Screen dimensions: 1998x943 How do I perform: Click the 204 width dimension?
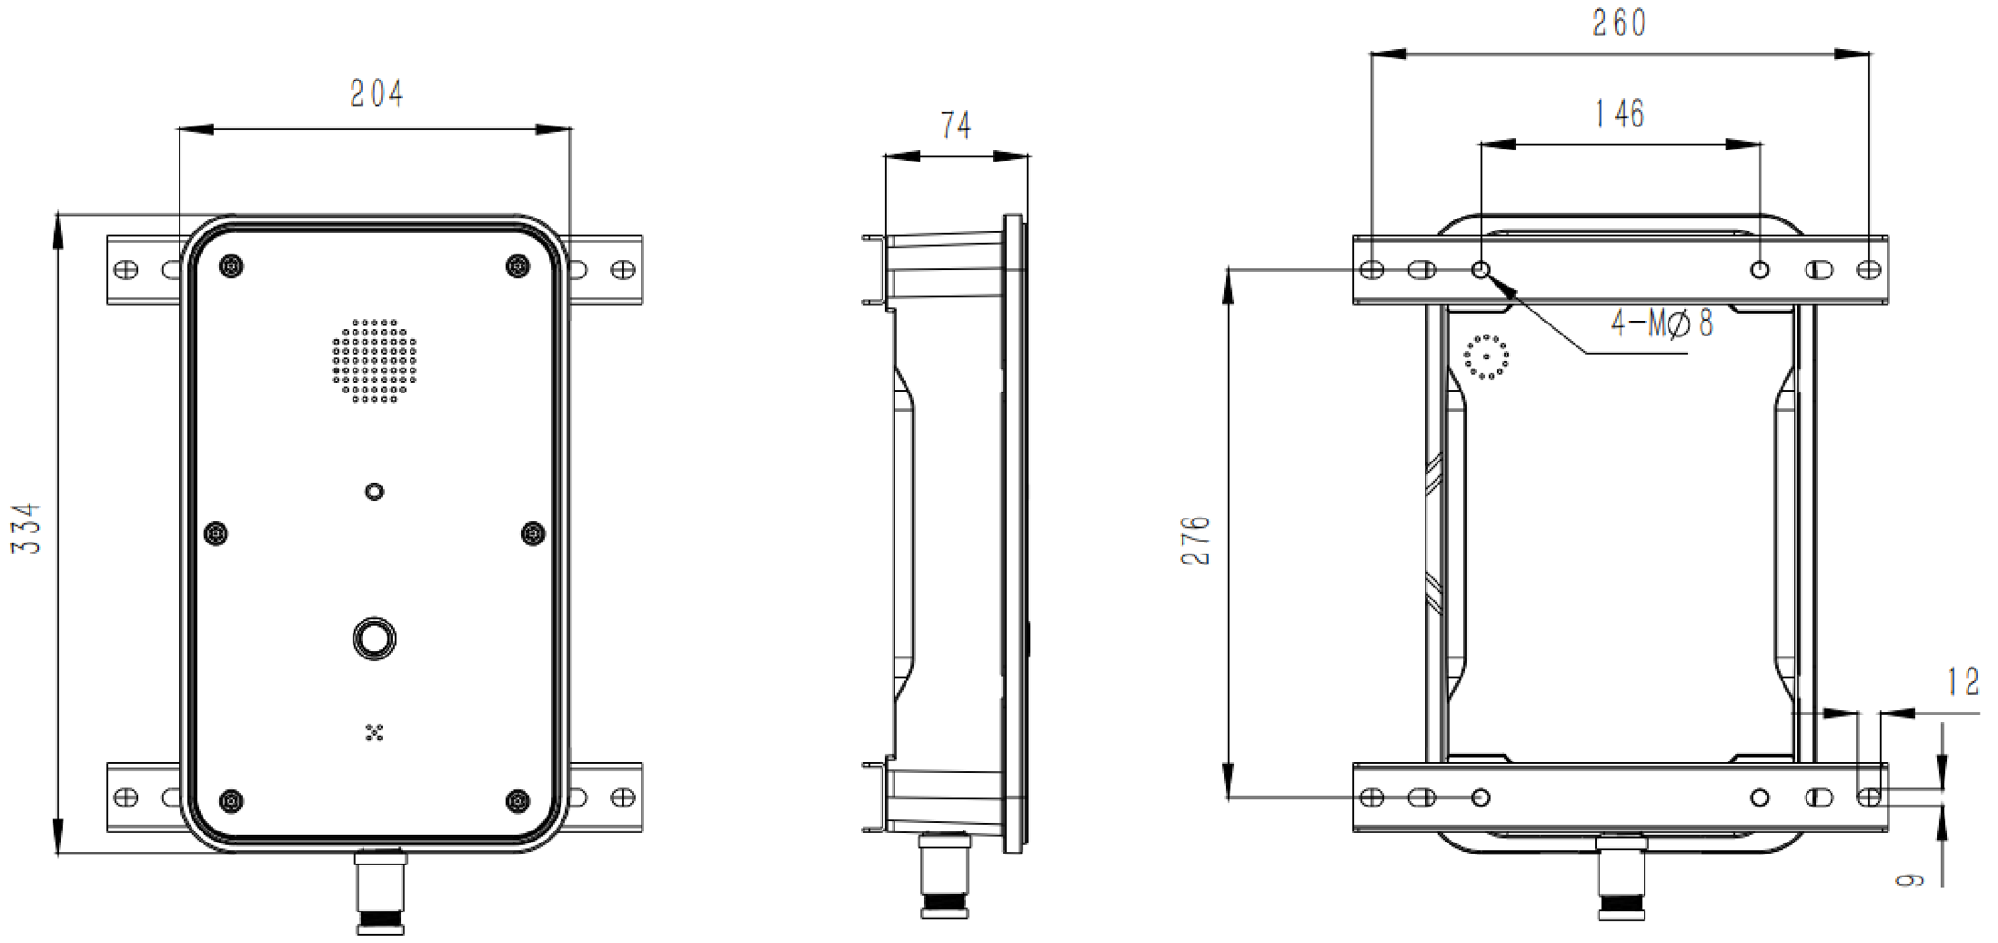[x=377, y=94]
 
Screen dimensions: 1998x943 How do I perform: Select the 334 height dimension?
[x=26, y=528]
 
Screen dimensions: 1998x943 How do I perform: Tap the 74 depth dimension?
[x=956, y=125]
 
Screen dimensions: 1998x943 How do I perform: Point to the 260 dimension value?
[x=1619, y=24]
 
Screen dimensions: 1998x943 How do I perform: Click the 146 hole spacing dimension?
[x=1620, y=114]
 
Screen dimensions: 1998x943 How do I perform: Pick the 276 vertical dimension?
[x=1196, y=541]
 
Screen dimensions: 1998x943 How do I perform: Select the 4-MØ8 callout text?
[x=1662, y=323]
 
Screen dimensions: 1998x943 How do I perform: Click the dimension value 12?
[x=1963, y=682]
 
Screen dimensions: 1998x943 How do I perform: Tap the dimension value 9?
[x=1909, y=879]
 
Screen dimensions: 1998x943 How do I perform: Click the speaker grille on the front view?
[x=375, y=360]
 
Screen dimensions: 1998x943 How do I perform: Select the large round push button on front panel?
[x=374, y=639]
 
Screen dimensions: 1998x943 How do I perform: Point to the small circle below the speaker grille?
[x=374, y=492]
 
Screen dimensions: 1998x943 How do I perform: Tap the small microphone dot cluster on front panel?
[x=374, y=732]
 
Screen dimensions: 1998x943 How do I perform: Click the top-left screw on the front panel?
[x=232, y=266]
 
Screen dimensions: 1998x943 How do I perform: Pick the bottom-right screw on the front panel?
[x=517, y=801]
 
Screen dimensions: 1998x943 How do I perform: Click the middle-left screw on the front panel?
[x=216, y=534]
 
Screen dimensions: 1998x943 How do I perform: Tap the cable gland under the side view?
[x=945, y=875]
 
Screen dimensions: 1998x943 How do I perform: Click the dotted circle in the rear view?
[x=1487, y=357]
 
